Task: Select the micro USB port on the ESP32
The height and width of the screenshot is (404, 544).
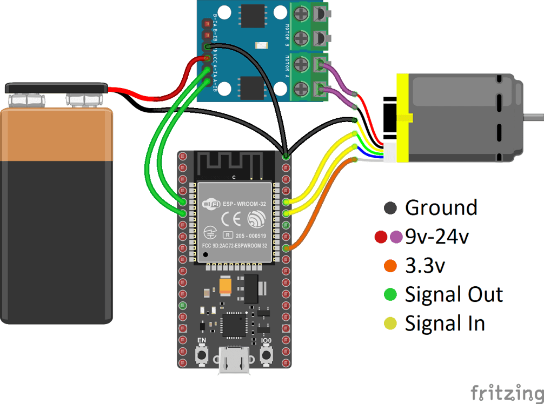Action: (234, 361)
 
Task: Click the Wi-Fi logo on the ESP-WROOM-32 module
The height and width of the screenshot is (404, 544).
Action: (210, 205)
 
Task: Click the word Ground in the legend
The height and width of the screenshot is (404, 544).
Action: (441, 207)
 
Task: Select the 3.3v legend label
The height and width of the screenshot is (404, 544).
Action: (426, 265)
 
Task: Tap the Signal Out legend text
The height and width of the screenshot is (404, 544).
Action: (454, 294)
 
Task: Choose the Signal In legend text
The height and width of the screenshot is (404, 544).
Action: (445, 323)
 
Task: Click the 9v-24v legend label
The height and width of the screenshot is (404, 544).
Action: (436, 237)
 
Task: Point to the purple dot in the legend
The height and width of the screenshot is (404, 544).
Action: (396, 237)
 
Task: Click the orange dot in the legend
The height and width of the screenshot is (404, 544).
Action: (389, 266)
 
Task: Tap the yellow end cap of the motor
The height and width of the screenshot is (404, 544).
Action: (402, 118)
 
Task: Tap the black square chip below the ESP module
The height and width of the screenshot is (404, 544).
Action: (233, 324)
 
